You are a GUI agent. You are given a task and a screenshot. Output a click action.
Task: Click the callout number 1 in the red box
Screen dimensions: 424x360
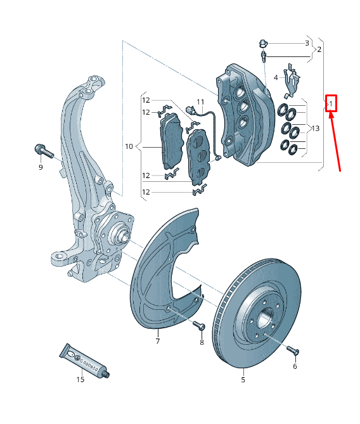[x=331, y=103]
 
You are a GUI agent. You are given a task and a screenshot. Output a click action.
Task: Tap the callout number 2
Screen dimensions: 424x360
[x=319, y=49]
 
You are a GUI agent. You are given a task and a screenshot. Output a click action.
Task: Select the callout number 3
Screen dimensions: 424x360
[x=307, y=43]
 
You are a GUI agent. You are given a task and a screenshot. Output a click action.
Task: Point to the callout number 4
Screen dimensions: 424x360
[x=276, y=78]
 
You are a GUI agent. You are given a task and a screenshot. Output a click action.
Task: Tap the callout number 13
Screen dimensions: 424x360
[x=314, y=129]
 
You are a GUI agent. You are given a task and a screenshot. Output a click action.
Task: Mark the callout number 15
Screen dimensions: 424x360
[x=80, y=380]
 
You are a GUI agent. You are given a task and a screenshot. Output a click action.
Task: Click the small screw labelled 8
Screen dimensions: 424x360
[x=198, y=326]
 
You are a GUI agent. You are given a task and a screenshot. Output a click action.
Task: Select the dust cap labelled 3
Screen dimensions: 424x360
[x=262, y=43]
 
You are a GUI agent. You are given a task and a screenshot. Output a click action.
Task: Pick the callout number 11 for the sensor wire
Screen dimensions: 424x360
[x=200, y=102]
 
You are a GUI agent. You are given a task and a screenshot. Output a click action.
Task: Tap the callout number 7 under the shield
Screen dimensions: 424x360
[x=157, y=342]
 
